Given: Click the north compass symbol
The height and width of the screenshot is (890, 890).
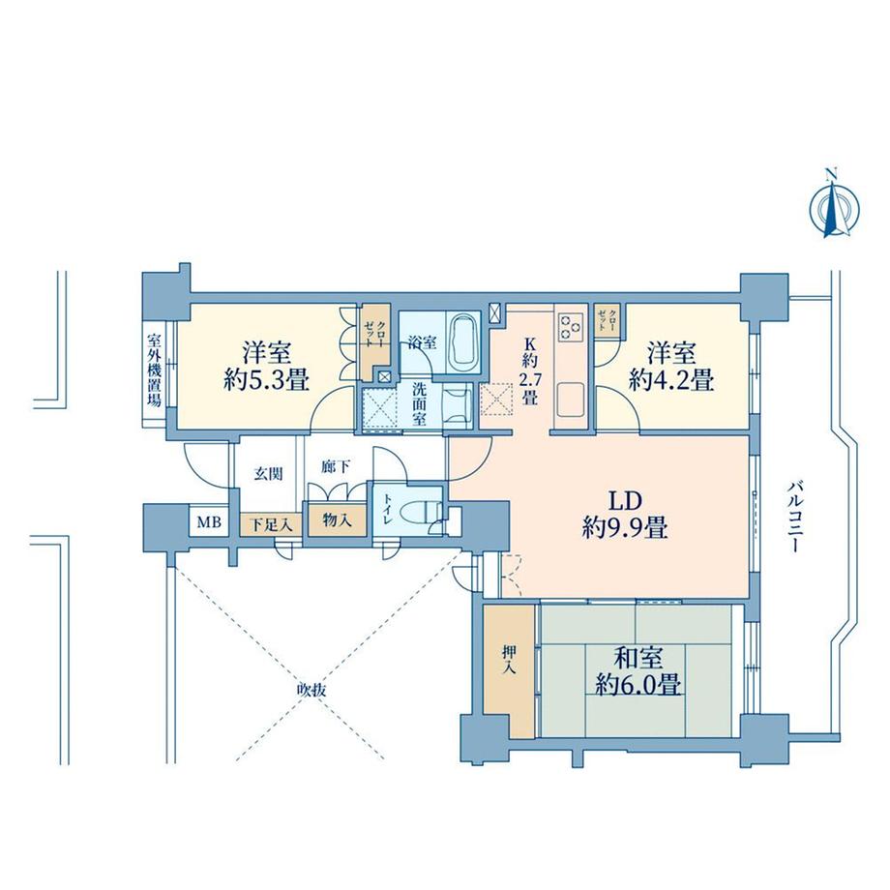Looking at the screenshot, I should pyautogui.click(x=830, y=204).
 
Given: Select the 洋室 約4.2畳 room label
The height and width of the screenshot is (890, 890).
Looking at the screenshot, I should pyautogui.click(x=670, y=366).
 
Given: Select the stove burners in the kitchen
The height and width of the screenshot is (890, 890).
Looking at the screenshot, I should pyautogui.click(x=569, y=327).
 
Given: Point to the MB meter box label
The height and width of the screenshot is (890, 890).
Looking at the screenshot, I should pyautogui.click(x=209, y=523).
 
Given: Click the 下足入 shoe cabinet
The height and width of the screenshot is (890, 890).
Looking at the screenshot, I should pyautogui.click(x=272, y=523).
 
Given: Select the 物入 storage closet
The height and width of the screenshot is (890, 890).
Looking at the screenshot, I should pyautogui.click(x=330, y=520).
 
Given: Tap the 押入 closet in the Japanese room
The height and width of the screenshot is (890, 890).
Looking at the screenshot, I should pyautogui.click(x=508, y=667).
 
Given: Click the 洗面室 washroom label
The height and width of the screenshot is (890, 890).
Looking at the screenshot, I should pyautogui.click(x=420, y=403).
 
